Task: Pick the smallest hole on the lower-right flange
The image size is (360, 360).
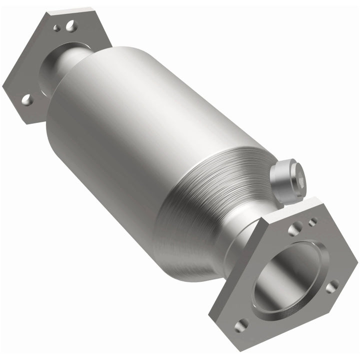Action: point(312,221)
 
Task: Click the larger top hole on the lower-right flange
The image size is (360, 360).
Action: point(295,228)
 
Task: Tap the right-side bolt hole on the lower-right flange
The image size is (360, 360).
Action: point(331,286)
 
